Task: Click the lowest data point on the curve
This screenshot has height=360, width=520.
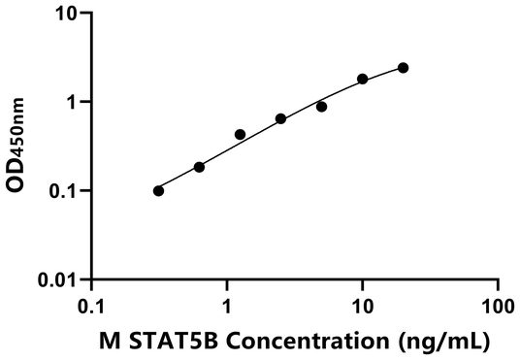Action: click(x=159, y=190)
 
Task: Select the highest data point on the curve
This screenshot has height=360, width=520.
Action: click(x=404, y=68)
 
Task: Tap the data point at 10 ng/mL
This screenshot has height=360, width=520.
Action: click(x=363, y=79)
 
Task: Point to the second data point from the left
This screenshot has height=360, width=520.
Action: click(x=200, y=167)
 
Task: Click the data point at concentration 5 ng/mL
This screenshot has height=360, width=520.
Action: click(x=322, y=107)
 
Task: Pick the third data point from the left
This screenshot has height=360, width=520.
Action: click(x=241, y=134)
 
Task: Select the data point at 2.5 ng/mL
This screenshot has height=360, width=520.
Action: click(x=281, y=118)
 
